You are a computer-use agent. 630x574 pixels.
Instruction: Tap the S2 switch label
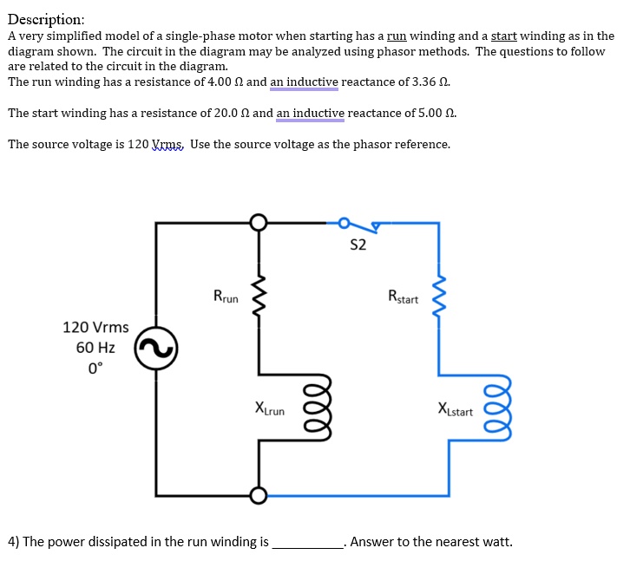(x=358, y=245)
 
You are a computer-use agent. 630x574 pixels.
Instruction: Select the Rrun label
(x=226, y=297)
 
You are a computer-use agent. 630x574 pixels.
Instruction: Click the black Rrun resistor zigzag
(x=258, y=298)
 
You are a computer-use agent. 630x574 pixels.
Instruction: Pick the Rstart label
(x=403, y=298)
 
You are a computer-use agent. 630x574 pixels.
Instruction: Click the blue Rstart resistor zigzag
(x=438, y=298)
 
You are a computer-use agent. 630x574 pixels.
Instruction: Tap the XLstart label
(x=456, y=410)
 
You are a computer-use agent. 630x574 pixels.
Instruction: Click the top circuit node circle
(x=258, y=223)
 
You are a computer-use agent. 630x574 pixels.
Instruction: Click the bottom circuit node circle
(x=258, y=495)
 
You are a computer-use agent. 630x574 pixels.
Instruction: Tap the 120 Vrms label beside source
(x=95, y=328)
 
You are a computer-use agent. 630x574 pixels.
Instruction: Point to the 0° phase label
(x=95, y=367)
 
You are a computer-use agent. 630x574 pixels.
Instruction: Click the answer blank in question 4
(x=308, y=543)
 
